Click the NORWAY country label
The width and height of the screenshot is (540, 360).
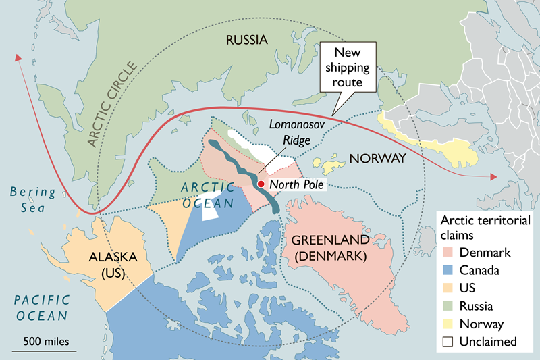coord(377,159)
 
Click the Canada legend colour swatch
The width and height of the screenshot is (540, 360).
coord(448,270)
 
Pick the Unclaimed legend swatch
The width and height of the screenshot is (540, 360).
coord(448,342)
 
